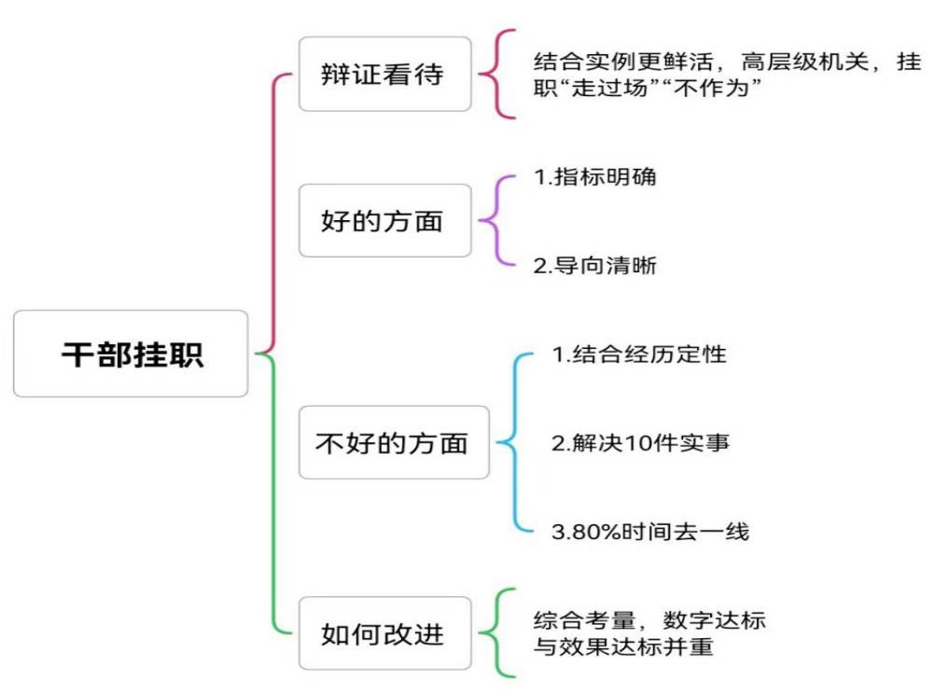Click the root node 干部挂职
[131, 354]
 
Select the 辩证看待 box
[384, 75]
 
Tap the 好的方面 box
[384, 221]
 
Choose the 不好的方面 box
[392, 443]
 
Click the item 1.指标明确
[594, 176]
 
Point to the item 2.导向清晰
[594, 266]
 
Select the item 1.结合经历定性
[638, 354]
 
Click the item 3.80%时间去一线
[649, 533]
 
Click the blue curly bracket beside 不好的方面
[514, 443]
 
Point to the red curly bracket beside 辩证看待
[497, 75]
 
